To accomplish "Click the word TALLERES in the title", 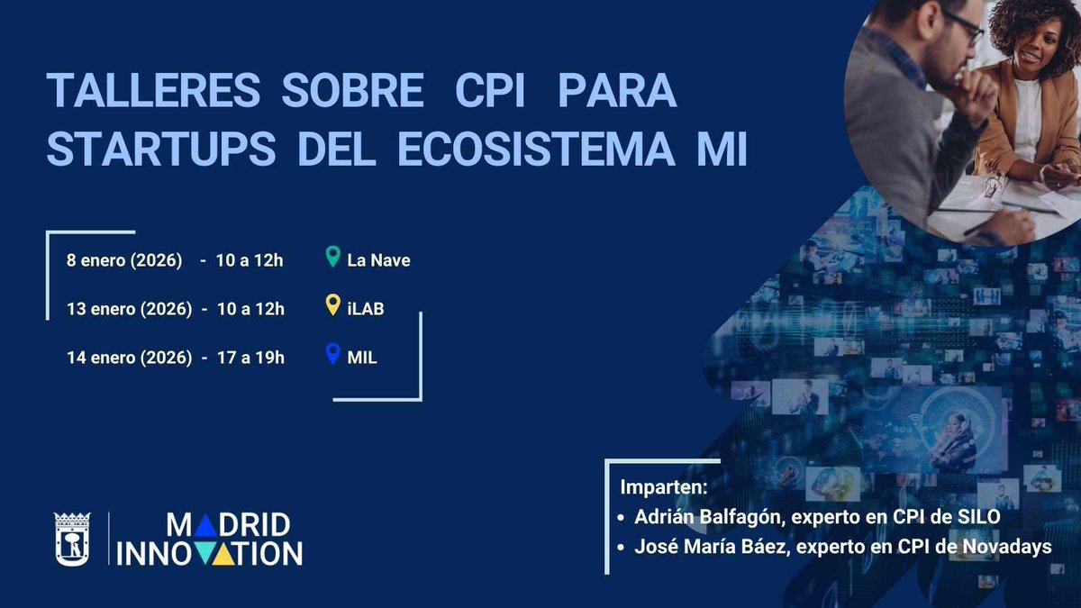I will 153,91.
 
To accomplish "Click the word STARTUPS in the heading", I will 160,150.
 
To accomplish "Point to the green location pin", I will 332,258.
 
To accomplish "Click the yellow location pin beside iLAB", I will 332,306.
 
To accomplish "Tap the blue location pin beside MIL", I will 332,355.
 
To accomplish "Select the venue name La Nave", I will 378,260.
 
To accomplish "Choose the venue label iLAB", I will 366,309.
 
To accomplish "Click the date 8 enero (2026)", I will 124,260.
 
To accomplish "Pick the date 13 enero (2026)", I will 129,309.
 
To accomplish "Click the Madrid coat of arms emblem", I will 72,540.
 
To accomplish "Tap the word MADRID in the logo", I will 229,525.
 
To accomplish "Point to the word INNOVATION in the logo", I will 210,553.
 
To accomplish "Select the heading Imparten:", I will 665,487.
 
